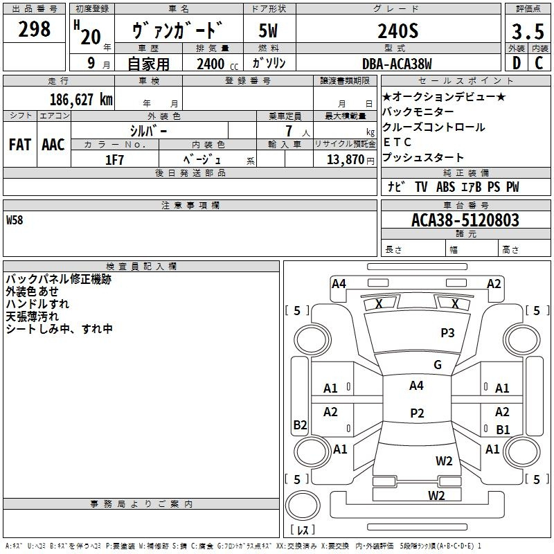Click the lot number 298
(x=35, y=30)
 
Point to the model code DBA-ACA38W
(x=397, y=64)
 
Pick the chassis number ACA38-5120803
(x=465, y=220)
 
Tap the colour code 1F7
(x=115, y=159)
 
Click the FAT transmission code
(x=20, y=145)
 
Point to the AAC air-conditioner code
(x=53, y=145)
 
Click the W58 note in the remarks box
(x=15, y=220)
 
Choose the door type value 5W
(x=269, y=32)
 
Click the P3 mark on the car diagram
(x=447, y=333)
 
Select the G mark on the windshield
(x=437, y=365)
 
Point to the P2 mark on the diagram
(x=417, y=413)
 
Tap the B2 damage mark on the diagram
(x=300, y=425)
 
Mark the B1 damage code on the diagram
(x=503, y=429)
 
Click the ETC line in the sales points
(x=397, y=143)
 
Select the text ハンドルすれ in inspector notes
(x=37, y=304)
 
